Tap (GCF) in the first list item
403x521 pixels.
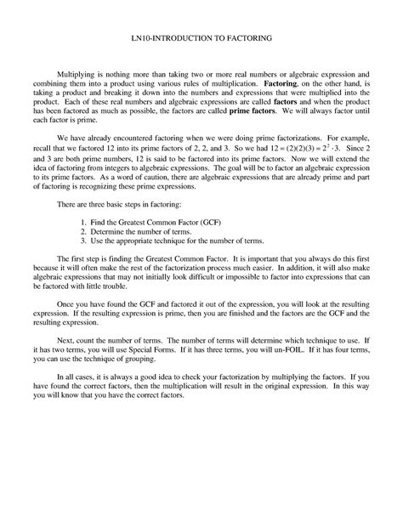pyautogui.click(x=207, y=221)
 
